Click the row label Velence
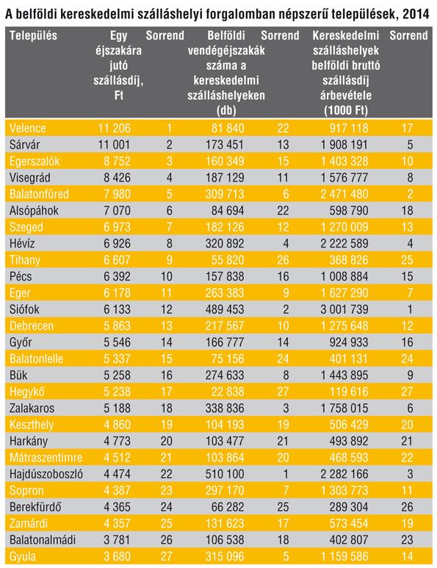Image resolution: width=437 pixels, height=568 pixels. tap(27, 129)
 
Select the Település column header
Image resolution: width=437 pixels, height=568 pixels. tap(33, 35)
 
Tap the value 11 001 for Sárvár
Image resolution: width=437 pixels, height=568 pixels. tap(114, 145)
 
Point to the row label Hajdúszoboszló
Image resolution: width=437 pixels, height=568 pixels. tap(46, 474)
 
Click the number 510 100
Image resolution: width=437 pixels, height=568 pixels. tap(225, 474)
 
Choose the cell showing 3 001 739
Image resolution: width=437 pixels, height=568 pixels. tap(344, 309)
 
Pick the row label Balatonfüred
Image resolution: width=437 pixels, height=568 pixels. tap(39, 194)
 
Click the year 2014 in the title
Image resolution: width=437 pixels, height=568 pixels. tap(416, 14)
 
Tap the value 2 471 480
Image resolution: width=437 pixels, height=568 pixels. tap(344, 194)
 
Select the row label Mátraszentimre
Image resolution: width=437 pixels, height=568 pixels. tap(46, 458)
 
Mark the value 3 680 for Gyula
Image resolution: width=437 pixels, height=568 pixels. tap(117, 556)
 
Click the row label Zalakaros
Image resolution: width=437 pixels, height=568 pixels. tap(32, 409)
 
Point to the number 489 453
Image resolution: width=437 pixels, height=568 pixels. tap(225, 309)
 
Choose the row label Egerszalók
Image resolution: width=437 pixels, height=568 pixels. tap(35, 161)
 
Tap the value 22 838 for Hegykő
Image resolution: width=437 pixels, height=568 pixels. tap(228, 392)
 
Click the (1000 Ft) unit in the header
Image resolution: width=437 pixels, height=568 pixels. tap(346, 110)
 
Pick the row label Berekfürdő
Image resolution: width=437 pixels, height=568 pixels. tap(35, 507)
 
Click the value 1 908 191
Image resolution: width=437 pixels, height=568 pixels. tap(344, 145)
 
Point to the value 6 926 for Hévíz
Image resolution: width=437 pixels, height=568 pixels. tap(117, 243)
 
